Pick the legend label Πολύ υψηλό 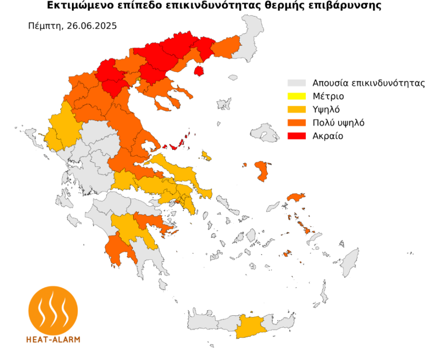pyautogui.click(x=339, y=123)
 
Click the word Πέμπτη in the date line pyautogui.click(x=45, y=26)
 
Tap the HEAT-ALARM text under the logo pyautogui.click(x=53, y=339)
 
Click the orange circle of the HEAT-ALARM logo pyautogui.click(x=53, y=309)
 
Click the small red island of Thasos pyautogui.click(x=198, y=71)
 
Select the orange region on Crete pyautogui.click(x=249, y=326)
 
